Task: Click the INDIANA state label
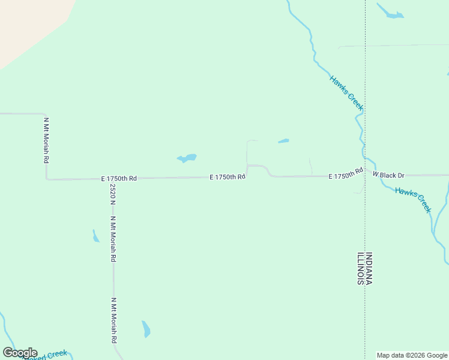click(x=369, y=268)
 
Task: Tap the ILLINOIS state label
click(x=361, y=268)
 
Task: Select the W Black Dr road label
click(x=388, y=175)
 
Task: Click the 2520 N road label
click(x=112, y=194)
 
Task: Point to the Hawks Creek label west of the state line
click(x=346, y=93)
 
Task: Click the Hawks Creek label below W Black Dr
click(x=414, y=199)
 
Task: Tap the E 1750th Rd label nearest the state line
click(x=346, y=174)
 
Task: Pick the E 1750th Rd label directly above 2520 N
click(x=119, y=179)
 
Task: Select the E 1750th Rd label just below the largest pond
click(x=228, y=177)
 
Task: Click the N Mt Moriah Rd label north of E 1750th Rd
click(x=46, y=140)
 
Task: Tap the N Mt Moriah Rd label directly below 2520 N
click(x=113, y=239)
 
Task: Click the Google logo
click(x=20, y=353)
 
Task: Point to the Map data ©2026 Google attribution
click(x=412, y=355)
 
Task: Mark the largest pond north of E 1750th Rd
click(x=187, y=158)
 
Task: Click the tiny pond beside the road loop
click(x=283, y=142)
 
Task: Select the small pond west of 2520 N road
click(x=95, y=236)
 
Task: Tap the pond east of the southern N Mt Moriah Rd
click(x=146, y=329)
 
